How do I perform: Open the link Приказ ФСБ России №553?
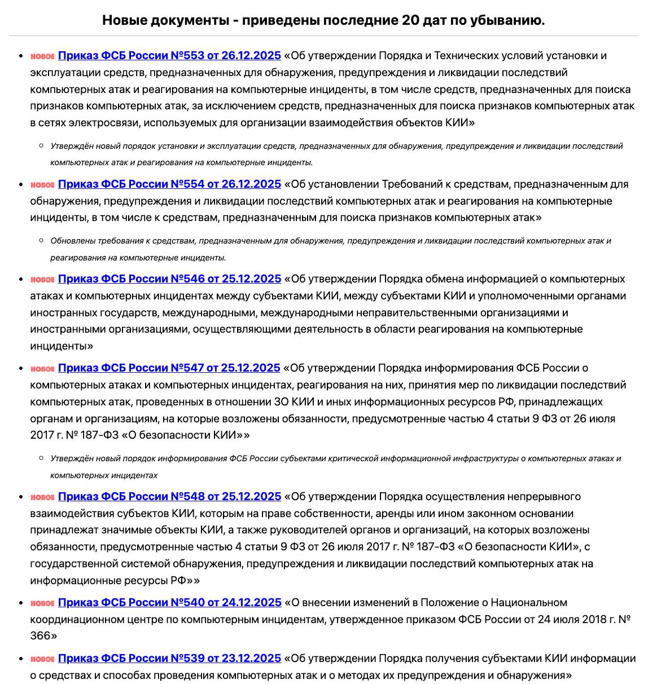(x=169, y=56)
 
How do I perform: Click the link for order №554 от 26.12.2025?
(x=169, y=184)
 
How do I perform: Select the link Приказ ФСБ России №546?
(x=169, y=279)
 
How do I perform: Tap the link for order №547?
(x=169, y=368)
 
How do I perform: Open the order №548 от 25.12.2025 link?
(x=169, y=497)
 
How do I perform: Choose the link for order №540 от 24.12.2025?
(x=169, y=603)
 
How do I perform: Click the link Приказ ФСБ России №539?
(x=169, y=659)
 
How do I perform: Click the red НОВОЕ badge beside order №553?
(x=42, y=56)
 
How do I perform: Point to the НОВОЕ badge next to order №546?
(x=42, y=280)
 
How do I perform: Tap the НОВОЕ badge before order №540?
(x=42, y=603)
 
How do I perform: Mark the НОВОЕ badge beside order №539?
(x=42, y=659)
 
